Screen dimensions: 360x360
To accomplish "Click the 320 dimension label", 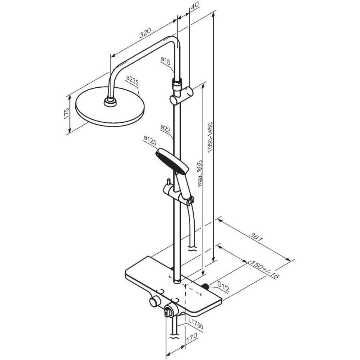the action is click(145, 32).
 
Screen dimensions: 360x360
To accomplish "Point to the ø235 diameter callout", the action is click(132, 81).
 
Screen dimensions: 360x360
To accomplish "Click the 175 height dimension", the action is click(66, 113).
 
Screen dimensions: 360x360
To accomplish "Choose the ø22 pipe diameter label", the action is click(165, 129).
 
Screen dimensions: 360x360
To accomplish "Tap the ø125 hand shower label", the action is click(150, 140).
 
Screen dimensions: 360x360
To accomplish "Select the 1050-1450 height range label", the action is click(210, 137).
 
